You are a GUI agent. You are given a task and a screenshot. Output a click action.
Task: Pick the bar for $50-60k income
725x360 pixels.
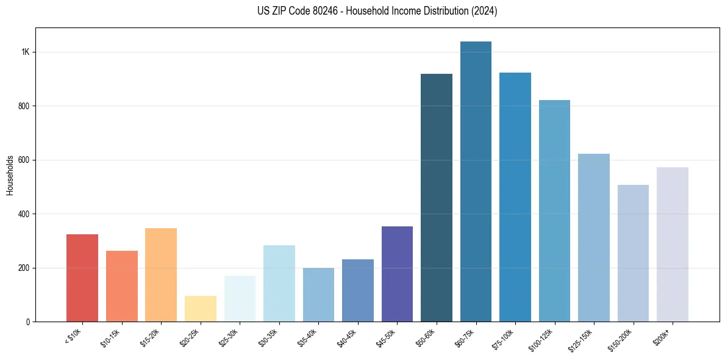pyautogui.click(x=437, y=198)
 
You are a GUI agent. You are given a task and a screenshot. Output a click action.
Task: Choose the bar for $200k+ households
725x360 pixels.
pyautogui.click(x=673, y=244)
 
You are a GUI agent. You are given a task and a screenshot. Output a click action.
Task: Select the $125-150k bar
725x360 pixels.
pyautogui.click(x=594, y=237)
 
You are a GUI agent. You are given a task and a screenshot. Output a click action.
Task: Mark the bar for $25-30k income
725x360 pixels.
pyautogui.click(x=240, y=298)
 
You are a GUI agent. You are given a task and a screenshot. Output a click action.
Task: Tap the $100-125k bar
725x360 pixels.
pyautogui.click(x=554, y=211)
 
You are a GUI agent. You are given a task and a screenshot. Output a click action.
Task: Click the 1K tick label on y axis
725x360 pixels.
pyautogui.click(x=26, y=52)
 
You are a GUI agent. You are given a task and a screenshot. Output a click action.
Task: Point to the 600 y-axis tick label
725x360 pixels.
pyautogui.click(x=24, y=160)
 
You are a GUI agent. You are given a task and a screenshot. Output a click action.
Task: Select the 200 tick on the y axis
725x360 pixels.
pyautogui.click(x=24, y=268)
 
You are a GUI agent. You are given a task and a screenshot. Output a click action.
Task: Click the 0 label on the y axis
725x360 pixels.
pyautogui.click(x=28, y=322)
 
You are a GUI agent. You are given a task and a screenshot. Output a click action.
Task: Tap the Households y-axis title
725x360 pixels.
pyautogui.click(x=10, y=175)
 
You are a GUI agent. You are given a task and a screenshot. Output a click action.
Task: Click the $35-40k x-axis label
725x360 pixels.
pyautogui.click(x=309, y=336)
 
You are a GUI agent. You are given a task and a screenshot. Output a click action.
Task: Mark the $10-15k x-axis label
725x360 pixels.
pyautogui.click(x=112, y=336)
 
